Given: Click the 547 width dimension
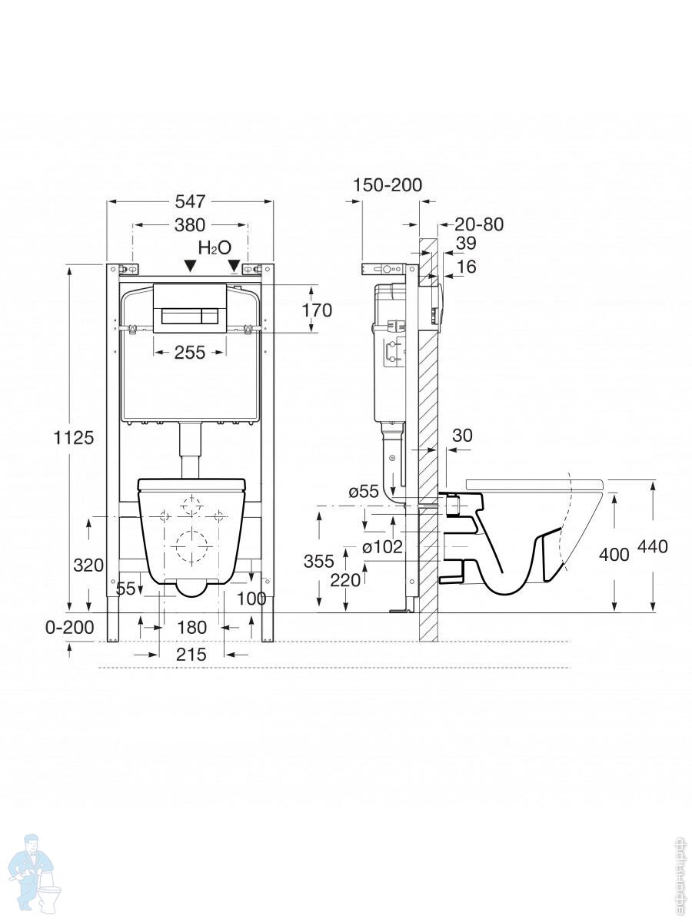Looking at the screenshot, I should click(190, 201).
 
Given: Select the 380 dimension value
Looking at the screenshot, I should click(190, 225).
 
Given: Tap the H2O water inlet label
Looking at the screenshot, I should click(215, 247).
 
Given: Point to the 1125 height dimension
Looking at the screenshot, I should click(74, 437).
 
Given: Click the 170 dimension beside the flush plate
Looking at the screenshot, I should click(317, 310).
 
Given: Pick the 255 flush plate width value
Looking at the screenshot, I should click(190, 352).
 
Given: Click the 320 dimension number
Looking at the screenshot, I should click(88, 565).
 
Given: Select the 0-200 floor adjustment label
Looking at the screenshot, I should click(69, 627).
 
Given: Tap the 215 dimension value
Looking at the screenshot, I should click(191, 655).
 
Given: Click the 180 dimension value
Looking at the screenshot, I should click(191, 628).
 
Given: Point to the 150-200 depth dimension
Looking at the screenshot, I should click(388, 185).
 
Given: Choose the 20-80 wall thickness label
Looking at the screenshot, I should click(478, 224).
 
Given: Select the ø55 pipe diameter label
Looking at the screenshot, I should click(364, 492).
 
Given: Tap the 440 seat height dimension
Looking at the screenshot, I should click(652, 547).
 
